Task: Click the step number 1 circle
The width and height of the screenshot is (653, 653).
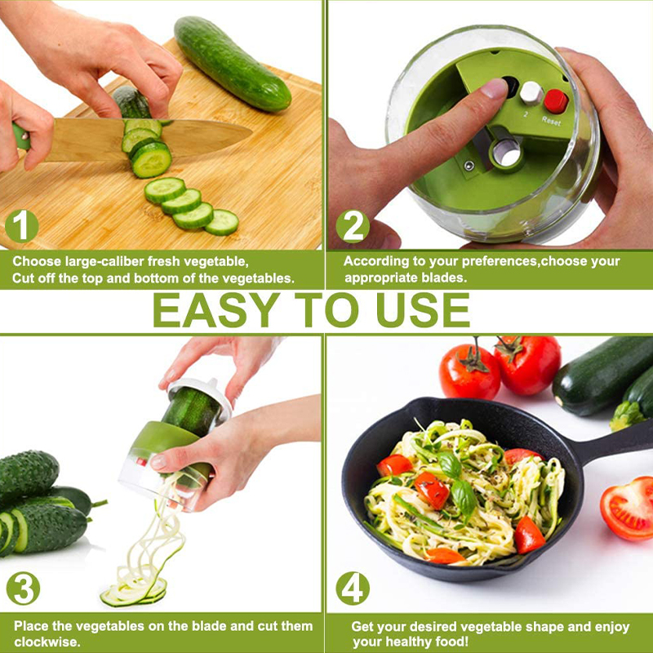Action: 22,226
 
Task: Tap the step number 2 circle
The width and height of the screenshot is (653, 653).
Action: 353,226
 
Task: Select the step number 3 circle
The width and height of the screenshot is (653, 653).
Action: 24,588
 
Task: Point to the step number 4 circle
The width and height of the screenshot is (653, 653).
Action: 353,588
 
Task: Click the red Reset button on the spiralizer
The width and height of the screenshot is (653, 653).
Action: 556,101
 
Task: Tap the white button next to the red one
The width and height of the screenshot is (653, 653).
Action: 531,92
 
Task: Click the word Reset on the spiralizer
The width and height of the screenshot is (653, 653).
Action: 552,121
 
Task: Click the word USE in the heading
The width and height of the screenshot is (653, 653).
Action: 423,310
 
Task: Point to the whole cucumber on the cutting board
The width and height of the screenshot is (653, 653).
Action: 232,64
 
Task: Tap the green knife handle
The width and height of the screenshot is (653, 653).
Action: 21,136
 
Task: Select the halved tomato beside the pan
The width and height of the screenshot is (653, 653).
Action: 628,508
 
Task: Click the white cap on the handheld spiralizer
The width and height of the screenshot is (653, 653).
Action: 200,397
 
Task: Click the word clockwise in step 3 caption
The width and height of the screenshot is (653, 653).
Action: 47,642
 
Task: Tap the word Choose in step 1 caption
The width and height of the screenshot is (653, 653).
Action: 36,261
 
